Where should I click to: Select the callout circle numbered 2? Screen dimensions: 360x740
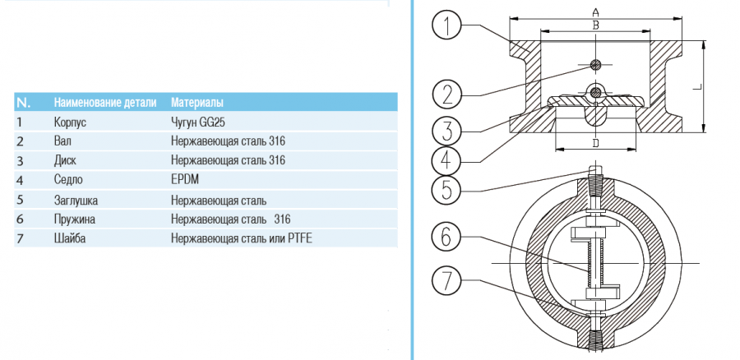pyautogui.click(x=446, y=93)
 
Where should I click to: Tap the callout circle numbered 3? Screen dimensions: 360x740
pyautogui.click(x=446, y=130)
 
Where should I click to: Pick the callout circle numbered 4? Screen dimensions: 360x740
pyautogui.click(x=446, y=159)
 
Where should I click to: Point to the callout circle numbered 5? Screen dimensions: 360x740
pyautogui.click(x=446, y=188)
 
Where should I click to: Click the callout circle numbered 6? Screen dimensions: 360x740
pyautogui.click(x=446, y=238)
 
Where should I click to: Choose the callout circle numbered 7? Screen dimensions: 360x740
pyautogui.click(x=446, y=281)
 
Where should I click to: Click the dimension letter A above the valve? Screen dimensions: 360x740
pyautogui.click(x=594, y=12)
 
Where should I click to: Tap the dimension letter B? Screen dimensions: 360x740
pyautogui.click(x=594, y=25)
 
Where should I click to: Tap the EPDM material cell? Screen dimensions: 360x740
pyautogui.click(x=185, y=179)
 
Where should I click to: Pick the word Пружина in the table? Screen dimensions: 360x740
pyautogui.click(x=75, y=219)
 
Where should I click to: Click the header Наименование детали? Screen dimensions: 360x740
pyautogui.click(x=104, y=103)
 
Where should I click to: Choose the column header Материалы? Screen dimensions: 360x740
pyautogui.click(x=197, y=103)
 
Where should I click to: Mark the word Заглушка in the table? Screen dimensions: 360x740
pyautogui.click(x=76, y=200)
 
